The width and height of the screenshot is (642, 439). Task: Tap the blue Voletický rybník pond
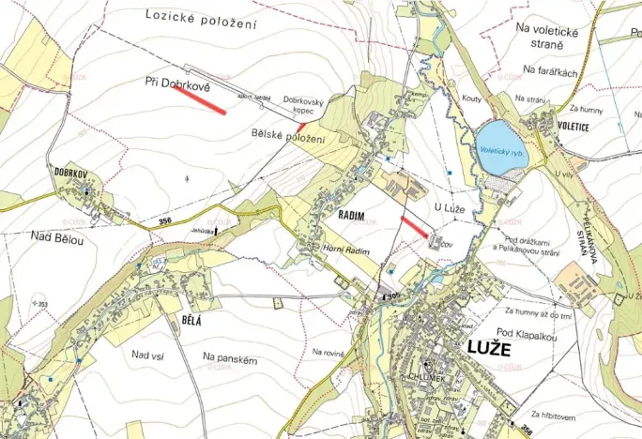pos(501,148)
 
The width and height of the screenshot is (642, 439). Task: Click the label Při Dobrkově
pos(178,84)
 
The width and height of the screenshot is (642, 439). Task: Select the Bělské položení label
pos(288,139)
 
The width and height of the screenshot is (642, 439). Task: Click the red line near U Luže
pos(414,226)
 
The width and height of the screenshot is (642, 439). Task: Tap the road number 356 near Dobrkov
pos(165,221)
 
